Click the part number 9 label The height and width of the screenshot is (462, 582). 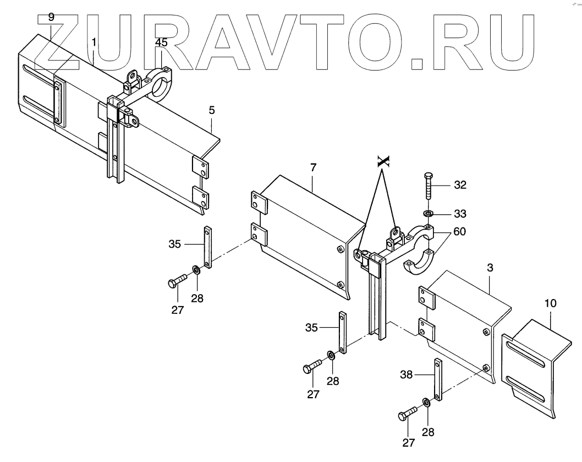51,17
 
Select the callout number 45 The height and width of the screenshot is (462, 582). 161,42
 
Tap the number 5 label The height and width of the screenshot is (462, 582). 212,110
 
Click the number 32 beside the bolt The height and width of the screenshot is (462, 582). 460,185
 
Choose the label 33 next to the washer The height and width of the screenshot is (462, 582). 460,213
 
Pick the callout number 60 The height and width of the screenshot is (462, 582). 460,232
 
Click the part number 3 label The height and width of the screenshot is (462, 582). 490,267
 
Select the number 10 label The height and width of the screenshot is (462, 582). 551,303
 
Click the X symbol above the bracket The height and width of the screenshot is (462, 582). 383,161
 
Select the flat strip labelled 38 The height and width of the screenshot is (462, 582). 438,380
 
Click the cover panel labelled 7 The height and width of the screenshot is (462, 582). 308,231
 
